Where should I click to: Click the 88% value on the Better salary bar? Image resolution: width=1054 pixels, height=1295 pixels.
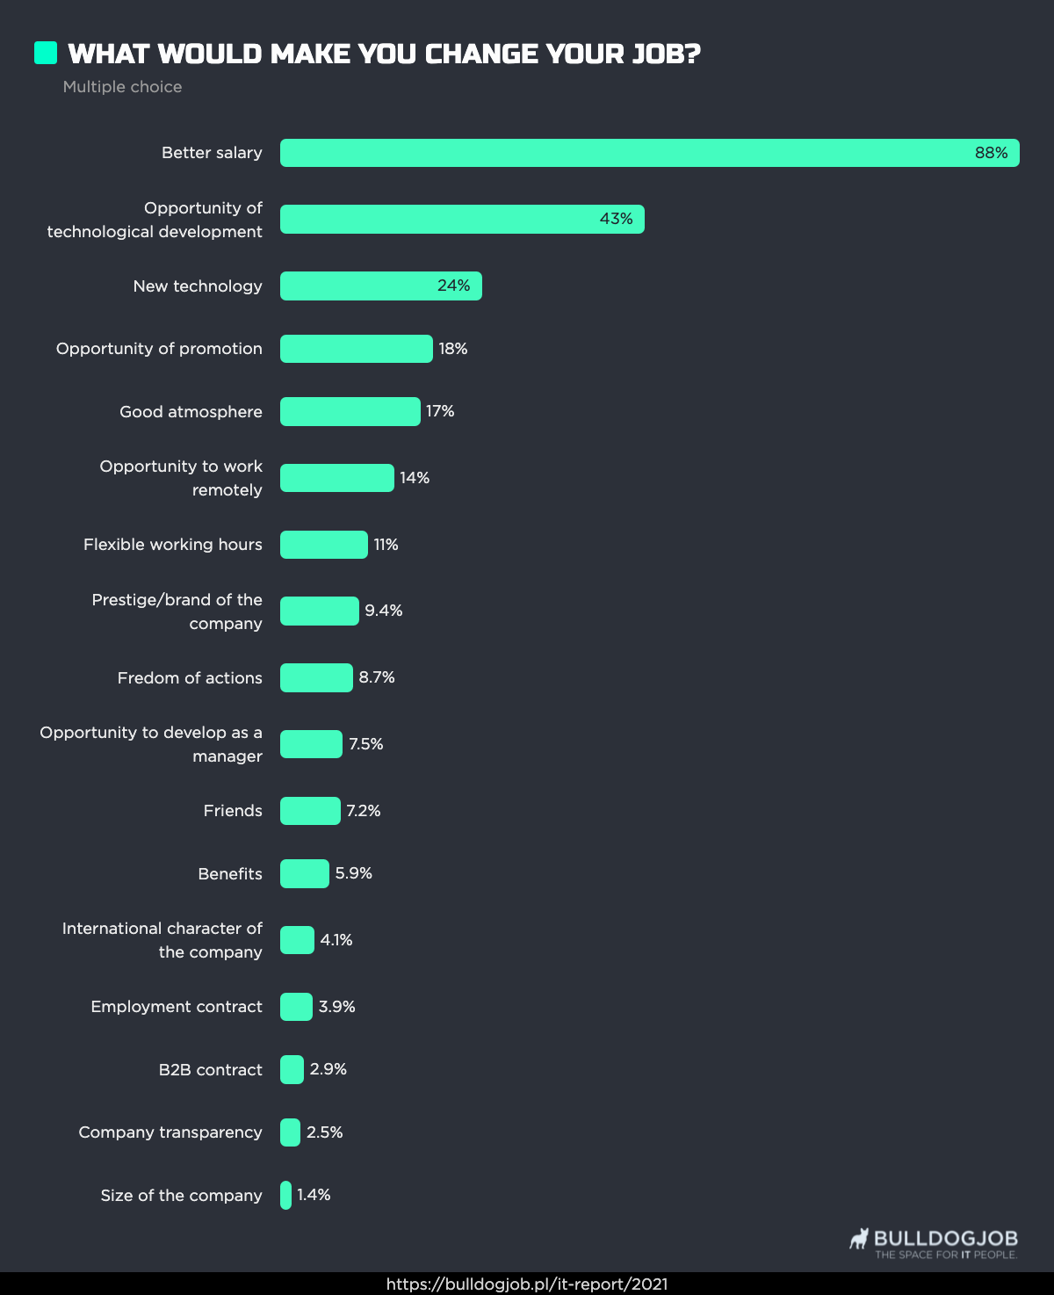pyautogui.click(x=991, y=153)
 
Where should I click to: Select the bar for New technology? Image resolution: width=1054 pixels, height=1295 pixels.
pyautogui.click(x=380, y=286)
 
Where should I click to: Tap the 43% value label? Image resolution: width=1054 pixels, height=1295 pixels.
pyautogui.click(x=616, y=219)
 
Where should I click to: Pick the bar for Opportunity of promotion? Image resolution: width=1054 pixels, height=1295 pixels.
pyautogui.click(x=356, y=349)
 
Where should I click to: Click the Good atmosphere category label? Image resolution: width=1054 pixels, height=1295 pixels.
pyautogui.click(x=191, y=412)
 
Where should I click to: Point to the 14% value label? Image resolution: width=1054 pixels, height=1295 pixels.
pyautogui.click(x=415, y=478)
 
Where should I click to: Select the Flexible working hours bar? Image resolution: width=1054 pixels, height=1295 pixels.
pyautogui.click(x=323, y=545)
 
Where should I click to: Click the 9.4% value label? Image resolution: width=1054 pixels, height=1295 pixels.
pyautogui.click(x=384, y=611)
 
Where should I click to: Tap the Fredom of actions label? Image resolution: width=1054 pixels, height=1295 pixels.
pyautogui.click(x=190, y=678)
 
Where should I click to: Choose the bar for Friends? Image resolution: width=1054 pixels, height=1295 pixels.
pyautogui.click(x=310, y=811)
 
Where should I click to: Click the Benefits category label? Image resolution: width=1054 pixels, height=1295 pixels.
pyautogui.click(x=230, y=874)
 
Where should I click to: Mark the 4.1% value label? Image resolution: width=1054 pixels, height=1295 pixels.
pyautogui.click(x=336, y=940)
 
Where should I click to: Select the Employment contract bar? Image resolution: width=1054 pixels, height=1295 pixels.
pyautogui.click(x=296, y=1007)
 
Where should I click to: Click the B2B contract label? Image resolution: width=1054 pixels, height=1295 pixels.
pyautogui.click(x=210, y=1070)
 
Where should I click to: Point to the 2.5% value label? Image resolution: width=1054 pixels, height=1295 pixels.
pyautogui.click(x=324, y=1132)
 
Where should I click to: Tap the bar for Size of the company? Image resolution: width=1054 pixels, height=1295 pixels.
pyautogui.click(x=285, y=1195)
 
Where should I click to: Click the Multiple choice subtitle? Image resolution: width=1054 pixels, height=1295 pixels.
pyautogui.click(x=122, y=87)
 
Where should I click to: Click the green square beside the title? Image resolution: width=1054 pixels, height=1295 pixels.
pyautogui.click(x=46, y=53)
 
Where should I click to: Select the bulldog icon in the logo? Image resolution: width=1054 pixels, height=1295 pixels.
pyautogui.click(x=859, y=1239)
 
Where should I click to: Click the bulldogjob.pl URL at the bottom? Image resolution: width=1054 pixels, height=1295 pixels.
pyautogui.click(x=527, y=1284)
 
